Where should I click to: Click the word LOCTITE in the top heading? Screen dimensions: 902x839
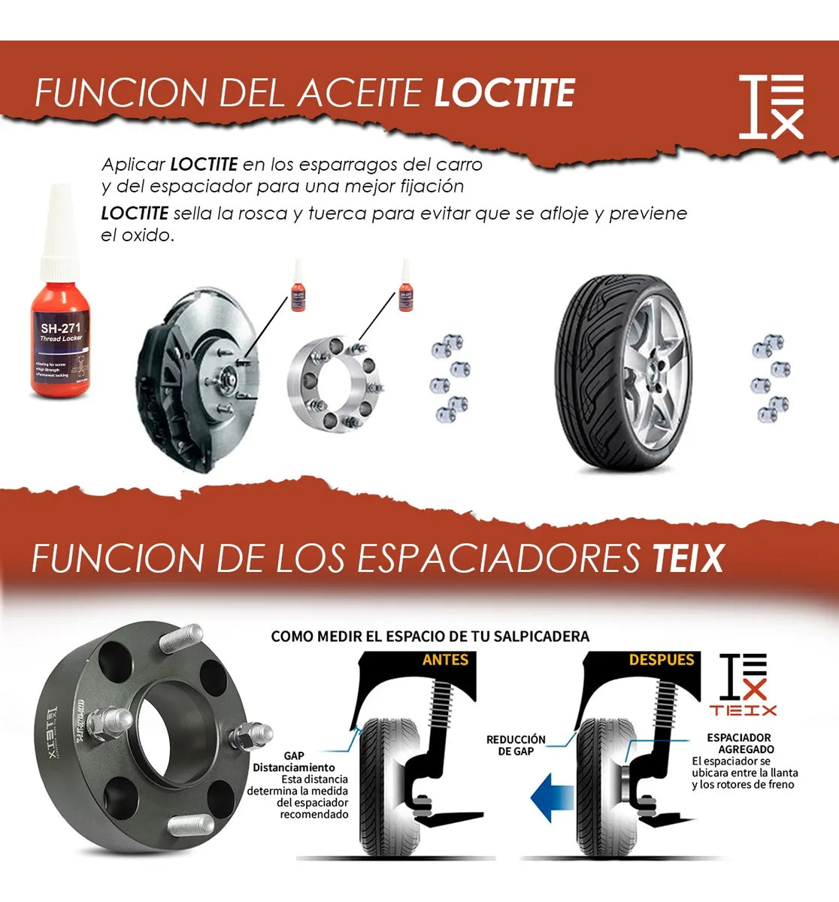point(504,93)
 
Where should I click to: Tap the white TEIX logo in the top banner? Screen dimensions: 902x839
point(771,107)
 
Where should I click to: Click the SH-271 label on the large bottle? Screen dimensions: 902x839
point(60,328)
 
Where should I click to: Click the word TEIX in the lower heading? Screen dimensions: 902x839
point(687,558)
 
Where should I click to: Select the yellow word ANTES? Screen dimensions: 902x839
point(445,660)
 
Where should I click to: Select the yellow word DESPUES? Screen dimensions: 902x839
point(662,660)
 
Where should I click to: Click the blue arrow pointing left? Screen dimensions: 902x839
point(553,799)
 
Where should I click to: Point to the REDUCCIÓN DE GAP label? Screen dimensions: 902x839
point(516,745)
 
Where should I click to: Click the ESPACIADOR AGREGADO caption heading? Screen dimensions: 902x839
point(740,743)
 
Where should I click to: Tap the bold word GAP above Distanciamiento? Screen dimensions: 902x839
point(294,755)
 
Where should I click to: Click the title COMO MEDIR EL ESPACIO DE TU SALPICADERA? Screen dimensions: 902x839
point(430,637)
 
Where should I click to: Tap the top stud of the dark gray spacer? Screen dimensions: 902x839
point(184,638)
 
